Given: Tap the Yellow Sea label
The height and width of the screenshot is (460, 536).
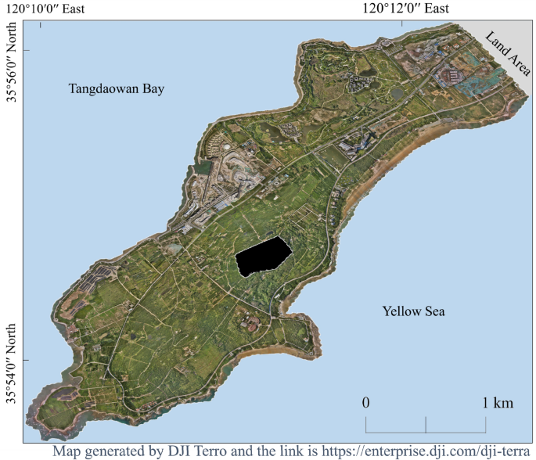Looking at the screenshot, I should pyautogui.click(x=413, y=311).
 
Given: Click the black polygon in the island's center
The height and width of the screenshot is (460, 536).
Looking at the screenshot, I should pyautogui.click(x=264, y=256).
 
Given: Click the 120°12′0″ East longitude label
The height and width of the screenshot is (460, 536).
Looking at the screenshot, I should pyautogui.click(x=405, y=9).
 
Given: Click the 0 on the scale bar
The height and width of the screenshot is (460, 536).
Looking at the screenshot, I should pyautogui.click(x=365, y=403).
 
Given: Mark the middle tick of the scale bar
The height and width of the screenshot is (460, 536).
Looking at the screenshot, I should pyautogui.click(x=426, y=425).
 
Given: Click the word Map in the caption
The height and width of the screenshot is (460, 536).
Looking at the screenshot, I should pyautogui.click(x=68, y=452).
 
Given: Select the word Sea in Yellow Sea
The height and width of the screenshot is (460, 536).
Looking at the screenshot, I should pyautogui.click(x=434, y=311).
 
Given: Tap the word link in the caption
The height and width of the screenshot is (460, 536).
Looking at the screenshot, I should pyautogui.click(x=305, y=452).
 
